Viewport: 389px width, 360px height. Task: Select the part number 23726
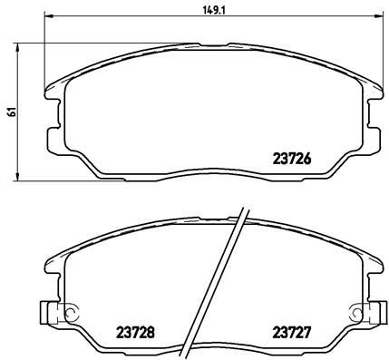click(292, 157)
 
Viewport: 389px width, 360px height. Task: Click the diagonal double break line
click(216, 281)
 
